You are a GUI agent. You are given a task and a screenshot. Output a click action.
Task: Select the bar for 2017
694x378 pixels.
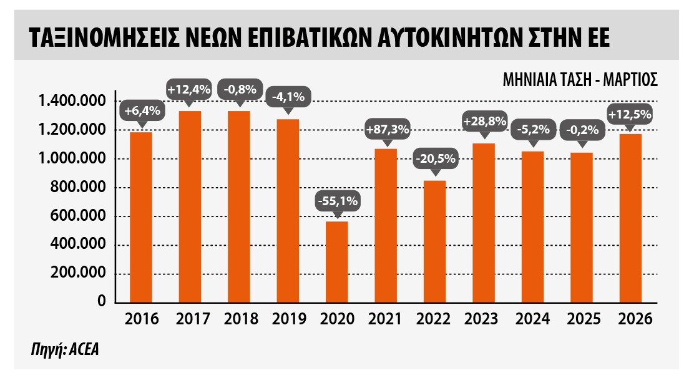[x=190, y=206]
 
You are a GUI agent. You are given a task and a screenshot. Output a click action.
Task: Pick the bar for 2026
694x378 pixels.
[x=630, y=218]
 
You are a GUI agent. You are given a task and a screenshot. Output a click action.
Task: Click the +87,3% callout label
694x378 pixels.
[x=386, y=130]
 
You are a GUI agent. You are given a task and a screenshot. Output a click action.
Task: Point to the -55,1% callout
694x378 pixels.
[x=337, y=202]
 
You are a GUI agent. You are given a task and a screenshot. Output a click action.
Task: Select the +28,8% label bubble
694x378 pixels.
[x=483, y=121]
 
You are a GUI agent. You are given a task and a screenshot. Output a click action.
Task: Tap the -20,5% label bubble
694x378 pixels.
[x=435, y=158]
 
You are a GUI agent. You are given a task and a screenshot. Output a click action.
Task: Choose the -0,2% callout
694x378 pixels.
[x=582, y=130]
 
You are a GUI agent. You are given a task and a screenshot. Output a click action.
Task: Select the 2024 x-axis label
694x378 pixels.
[x=532, y=319]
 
